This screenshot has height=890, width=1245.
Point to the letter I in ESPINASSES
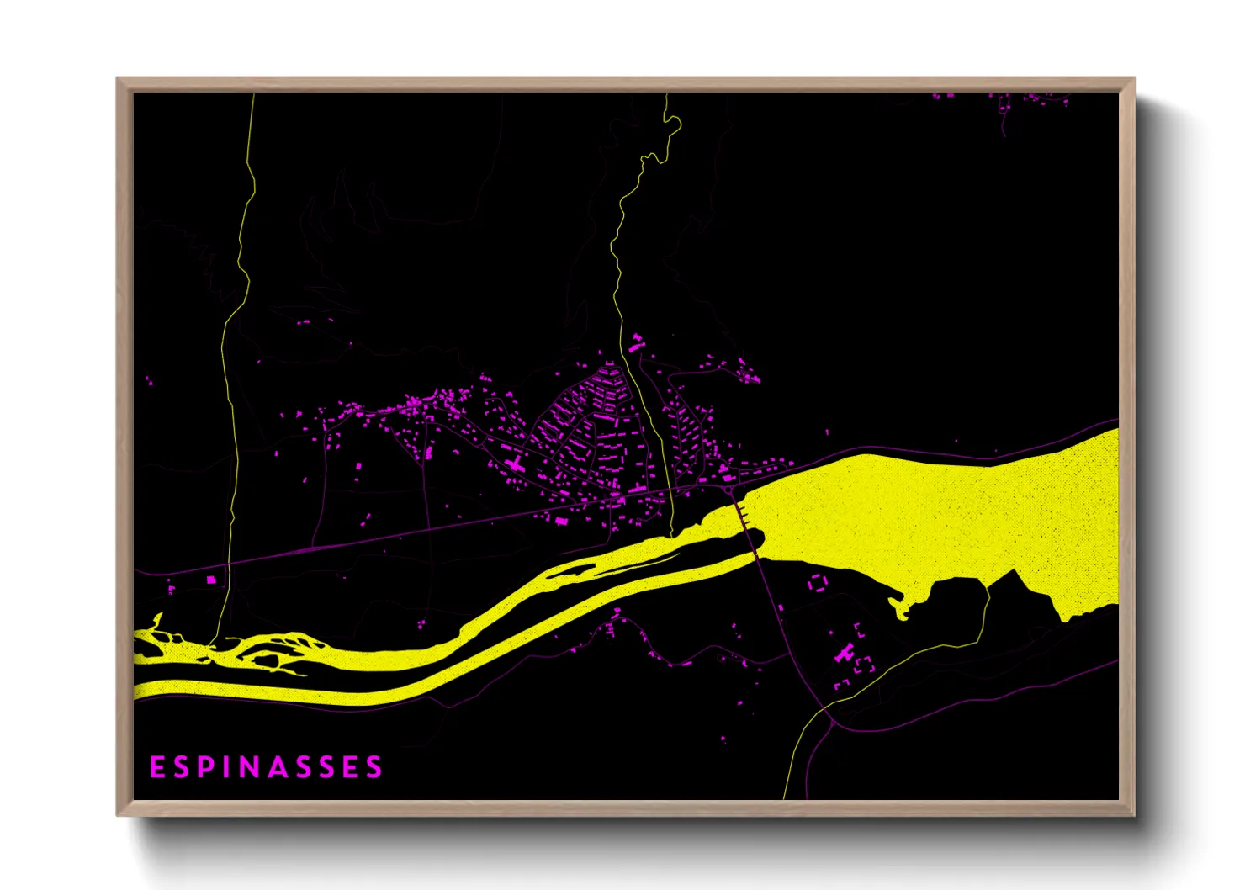(228, 767)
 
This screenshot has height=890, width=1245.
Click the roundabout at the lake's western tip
(728, 489)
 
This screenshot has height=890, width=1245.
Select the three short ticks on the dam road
(744, 515)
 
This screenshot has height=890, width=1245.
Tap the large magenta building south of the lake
(845, 653)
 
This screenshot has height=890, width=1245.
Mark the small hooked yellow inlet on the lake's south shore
(901, 607)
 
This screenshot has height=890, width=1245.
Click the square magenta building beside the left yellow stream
(211, 579)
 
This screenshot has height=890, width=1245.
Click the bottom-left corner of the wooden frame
(119, 813)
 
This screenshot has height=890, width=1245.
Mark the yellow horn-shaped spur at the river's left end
(155, 622)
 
